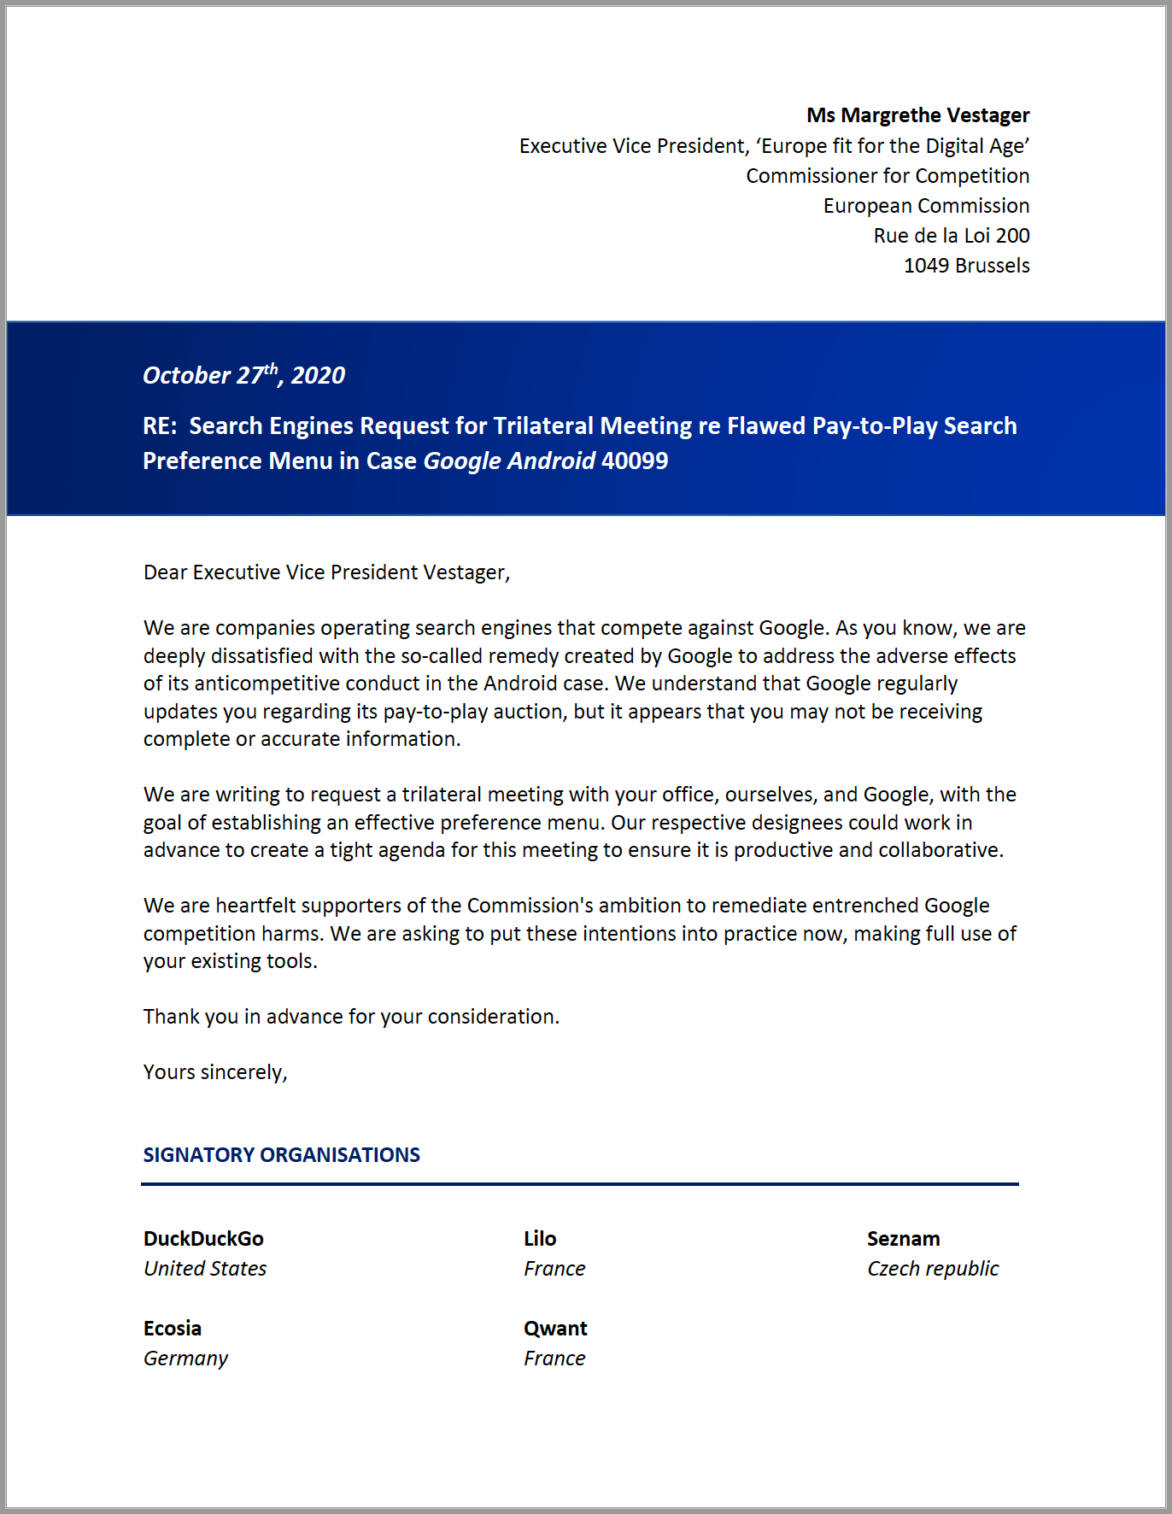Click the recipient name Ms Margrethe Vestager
coord(917,115)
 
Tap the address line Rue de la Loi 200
coord(951,236)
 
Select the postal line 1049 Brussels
coord(966,266)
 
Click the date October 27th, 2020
coord(243,375)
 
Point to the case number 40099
coord(635,461)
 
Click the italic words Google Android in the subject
coord(509,461)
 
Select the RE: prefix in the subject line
coord(160,426)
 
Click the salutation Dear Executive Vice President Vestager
coord(326,572)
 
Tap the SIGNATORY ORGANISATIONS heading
coord(281,1155)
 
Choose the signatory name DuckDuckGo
coord(203,1239)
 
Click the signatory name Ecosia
coord(173,1329)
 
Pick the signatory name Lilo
coord(540,1239)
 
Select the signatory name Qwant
coord(555,1329)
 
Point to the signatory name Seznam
coord(903,1239)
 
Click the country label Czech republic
coord(932,1269)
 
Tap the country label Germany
coord(185,1358)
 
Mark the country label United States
coord(205,1269)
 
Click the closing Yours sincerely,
coord(215,1072)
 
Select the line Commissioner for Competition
coord(887,176)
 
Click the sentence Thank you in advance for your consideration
coord(351,1017)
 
